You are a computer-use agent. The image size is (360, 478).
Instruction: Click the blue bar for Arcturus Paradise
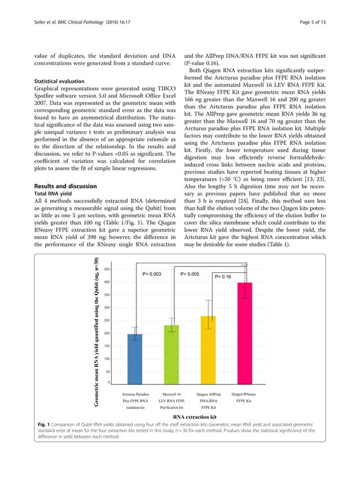[135, 359]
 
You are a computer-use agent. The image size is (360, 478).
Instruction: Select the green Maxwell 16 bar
[172, 355]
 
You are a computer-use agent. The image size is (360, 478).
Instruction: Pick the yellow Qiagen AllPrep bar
[208, 351]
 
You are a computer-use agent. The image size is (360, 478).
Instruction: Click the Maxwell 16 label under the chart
[172, 394]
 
